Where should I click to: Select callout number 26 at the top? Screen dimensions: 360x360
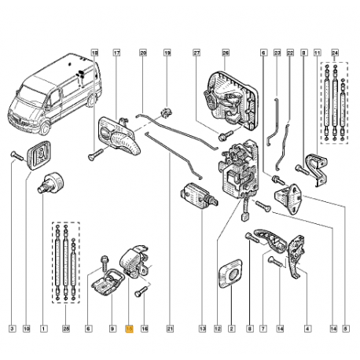[x=224, y=53]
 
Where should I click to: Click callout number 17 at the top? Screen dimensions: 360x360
[x=116, y=53]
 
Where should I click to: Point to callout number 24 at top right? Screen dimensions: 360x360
[x=334, y=53]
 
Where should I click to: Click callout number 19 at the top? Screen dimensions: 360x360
[x=167, y=53]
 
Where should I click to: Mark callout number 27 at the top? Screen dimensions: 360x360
[x=197, y=53]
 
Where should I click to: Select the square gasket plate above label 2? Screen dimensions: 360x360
[x=231, y=272]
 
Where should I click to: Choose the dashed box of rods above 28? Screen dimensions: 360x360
[x=64, y=263]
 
